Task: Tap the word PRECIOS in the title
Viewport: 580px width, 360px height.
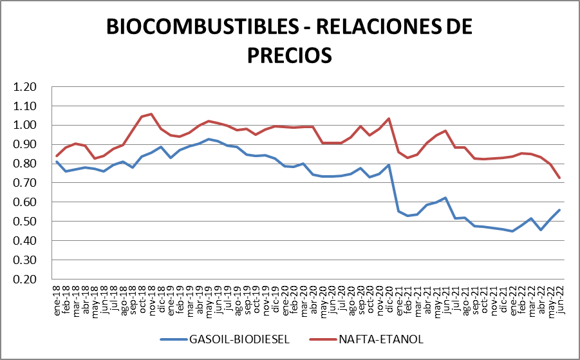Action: pos(290,54)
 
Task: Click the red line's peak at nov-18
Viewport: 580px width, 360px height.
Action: pos(151,114)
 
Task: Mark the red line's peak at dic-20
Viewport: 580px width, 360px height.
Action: pos(389,118)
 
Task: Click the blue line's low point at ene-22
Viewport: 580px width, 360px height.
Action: pos(512,231)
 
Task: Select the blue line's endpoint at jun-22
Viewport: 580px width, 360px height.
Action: pos(559,210)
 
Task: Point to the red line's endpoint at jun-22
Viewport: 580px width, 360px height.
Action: pos(559,178)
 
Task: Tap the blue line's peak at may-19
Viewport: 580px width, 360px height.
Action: pos(209,139)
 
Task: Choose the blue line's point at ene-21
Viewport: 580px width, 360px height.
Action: pos(398,211)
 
